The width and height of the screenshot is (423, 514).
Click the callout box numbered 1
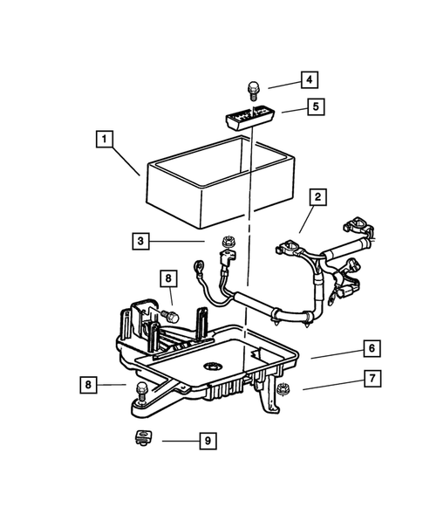pyautogui.click(x=104, y=139)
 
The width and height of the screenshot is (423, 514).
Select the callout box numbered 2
pyautogui.click(x=318, y=197)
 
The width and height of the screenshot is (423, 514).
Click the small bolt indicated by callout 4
pyautogui.click(x=253, y=88)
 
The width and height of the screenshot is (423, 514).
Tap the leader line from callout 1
pyautogui.click(x=127, y=161)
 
